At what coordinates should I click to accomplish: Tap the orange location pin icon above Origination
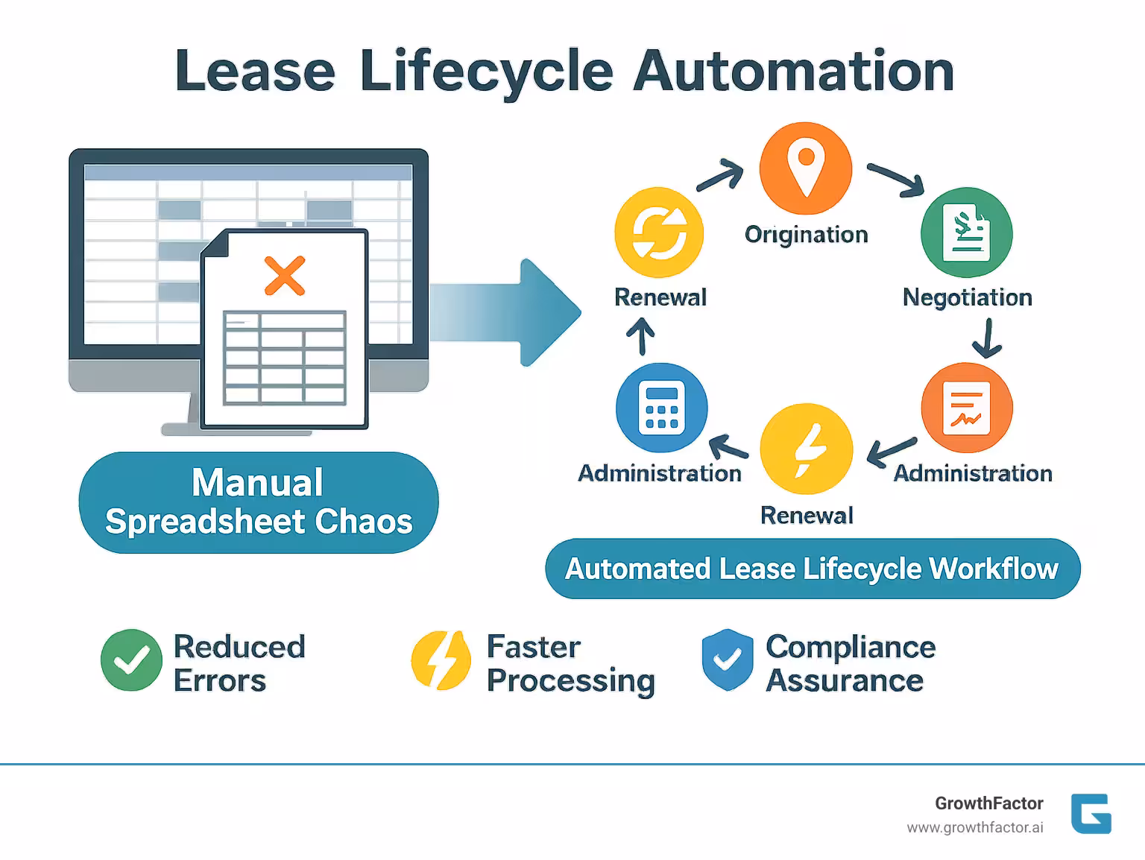pos(805,168)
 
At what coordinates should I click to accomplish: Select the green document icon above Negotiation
pos(966,233)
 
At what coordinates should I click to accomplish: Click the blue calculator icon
pos(661,408)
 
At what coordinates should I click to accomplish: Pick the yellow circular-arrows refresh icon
pos(659,232)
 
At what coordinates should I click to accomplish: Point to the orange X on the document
pos(285,276)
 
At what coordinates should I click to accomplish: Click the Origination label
pos(806,235)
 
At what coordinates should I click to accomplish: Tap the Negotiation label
pos(967,297)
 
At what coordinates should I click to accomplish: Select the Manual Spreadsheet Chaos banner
pos(259,502)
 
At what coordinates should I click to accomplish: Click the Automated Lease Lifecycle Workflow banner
pos(812,569)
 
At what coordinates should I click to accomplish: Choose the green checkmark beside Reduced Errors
pos(131,660)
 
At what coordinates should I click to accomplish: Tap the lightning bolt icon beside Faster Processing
pos(441,660)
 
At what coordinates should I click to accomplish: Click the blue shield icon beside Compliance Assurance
pos(727,660)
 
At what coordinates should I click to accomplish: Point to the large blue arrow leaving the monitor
pos(507,312)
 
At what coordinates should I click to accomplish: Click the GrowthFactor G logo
pos(1091,813)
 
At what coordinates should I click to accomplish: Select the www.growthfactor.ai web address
pos(974,828)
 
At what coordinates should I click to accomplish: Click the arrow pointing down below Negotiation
pos(987,340)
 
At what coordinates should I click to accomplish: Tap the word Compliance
pos(850,647)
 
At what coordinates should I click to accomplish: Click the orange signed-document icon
pos(966,408)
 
